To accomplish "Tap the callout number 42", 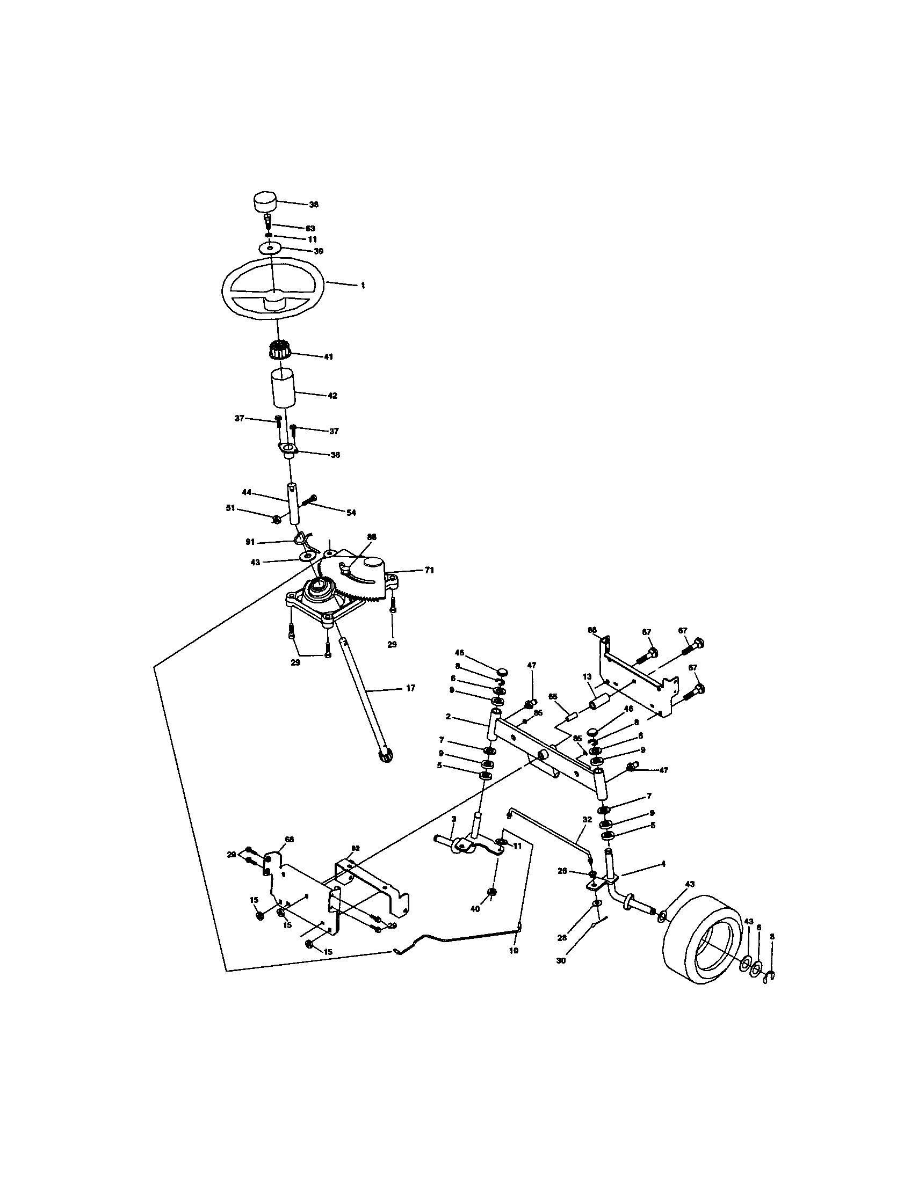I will tap(332, 396).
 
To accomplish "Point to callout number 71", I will tap(429, 570).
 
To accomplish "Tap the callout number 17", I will tap(410, 688).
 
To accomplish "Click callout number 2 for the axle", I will tap(449, 717).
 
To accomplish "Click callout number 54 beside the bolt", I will tap(351, 513).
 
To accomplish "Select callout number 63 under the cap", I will tap(310, 228).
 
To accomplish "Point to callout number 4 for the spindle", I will tap(663, 864).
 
